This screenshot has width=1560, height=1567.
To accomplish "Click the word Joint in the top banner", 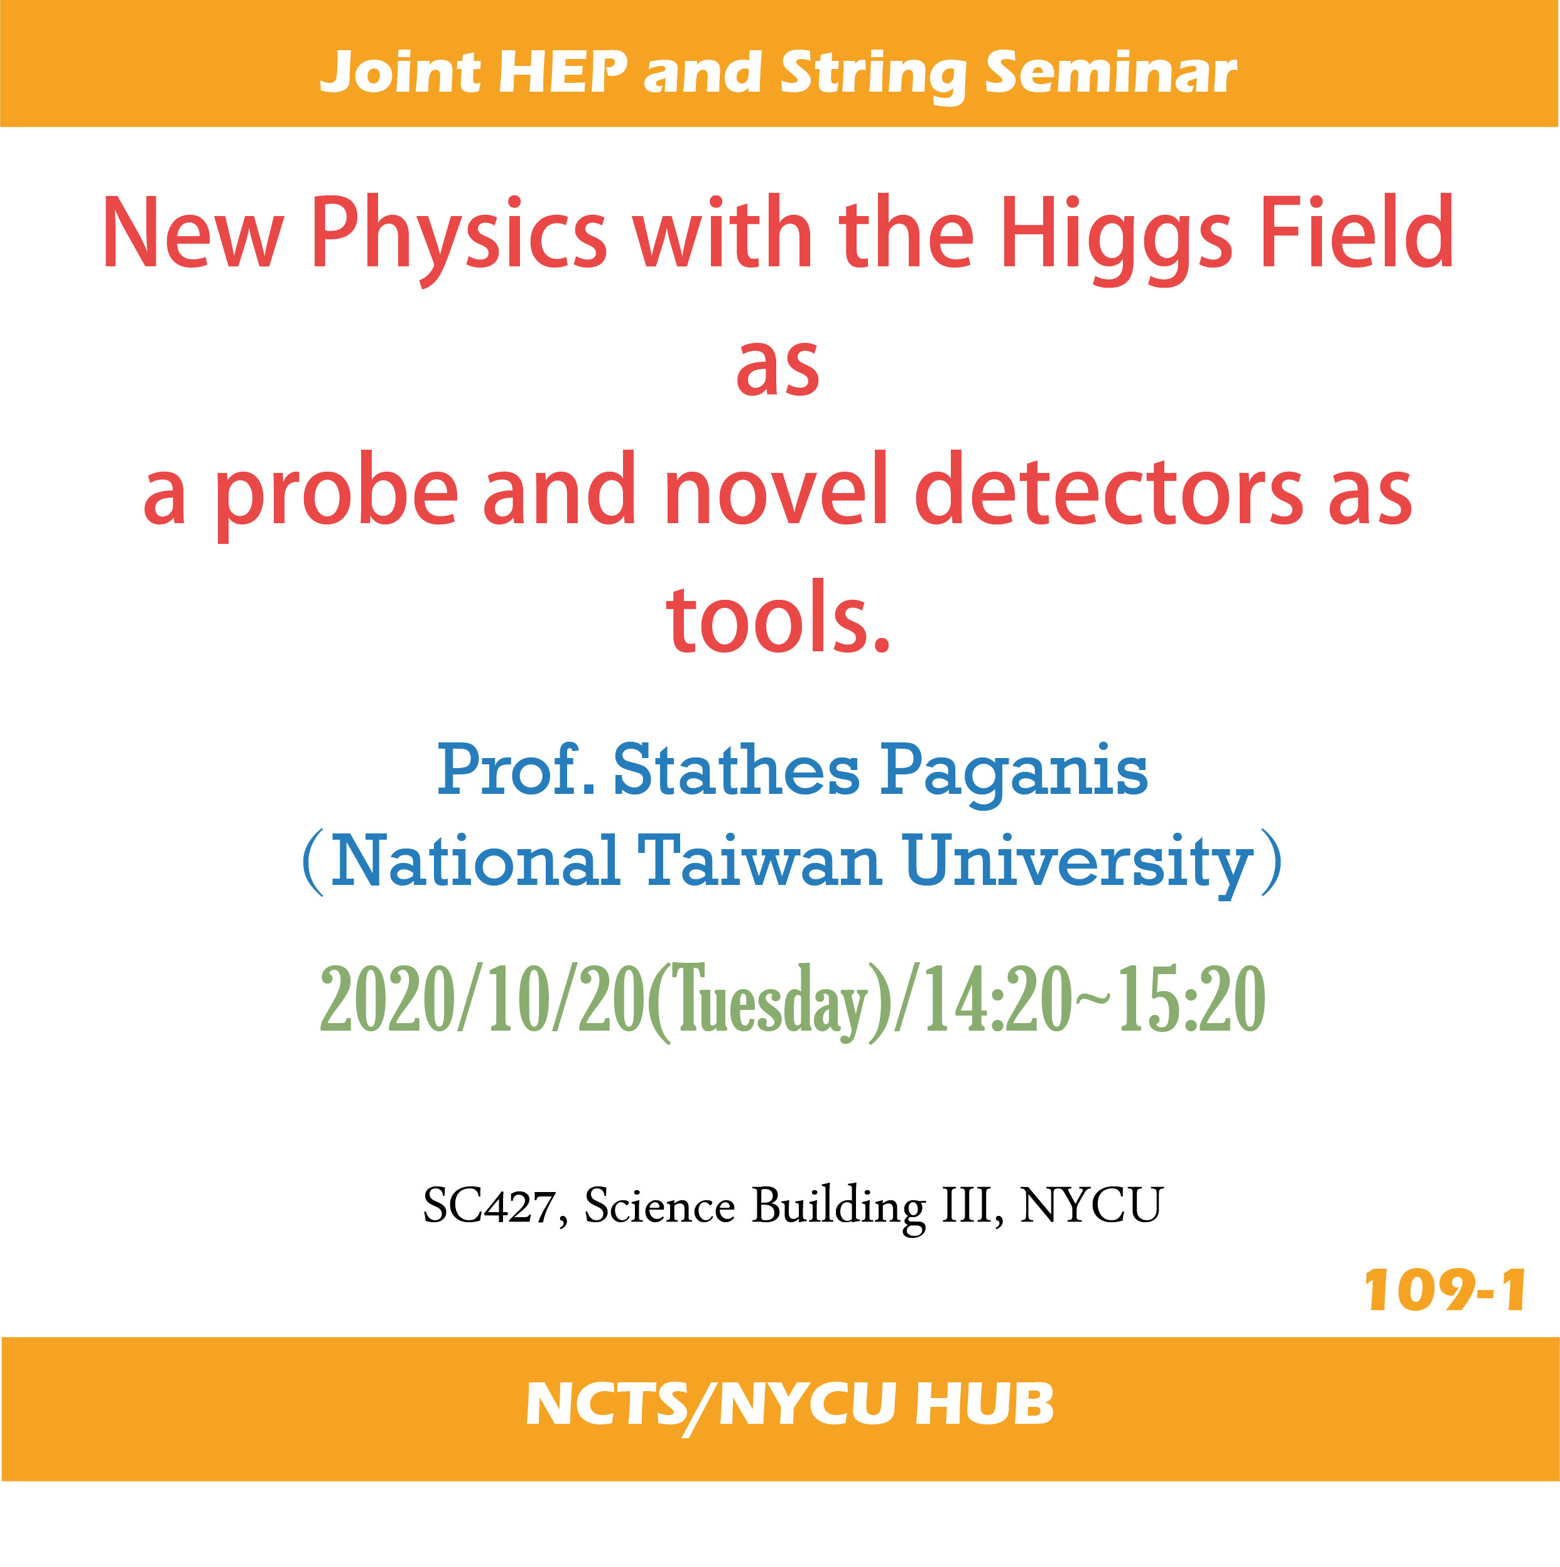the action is point(401,73).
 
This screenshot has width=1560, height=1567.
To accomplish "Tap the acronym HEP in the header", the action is point(563,72).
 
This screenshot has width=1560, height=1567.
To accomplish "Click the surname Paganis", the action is point(1014,774).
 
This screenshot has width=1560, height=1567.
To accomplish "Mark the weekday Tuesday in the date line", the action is point(767,1002).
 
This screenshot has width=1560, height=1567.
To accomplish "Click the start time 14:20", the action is point(999,999).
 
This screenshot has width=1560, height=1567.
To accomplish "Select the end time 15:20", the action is point(1192,999).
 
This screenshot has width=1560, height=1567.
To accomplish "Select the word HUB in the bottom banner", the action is point(984,1404).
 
